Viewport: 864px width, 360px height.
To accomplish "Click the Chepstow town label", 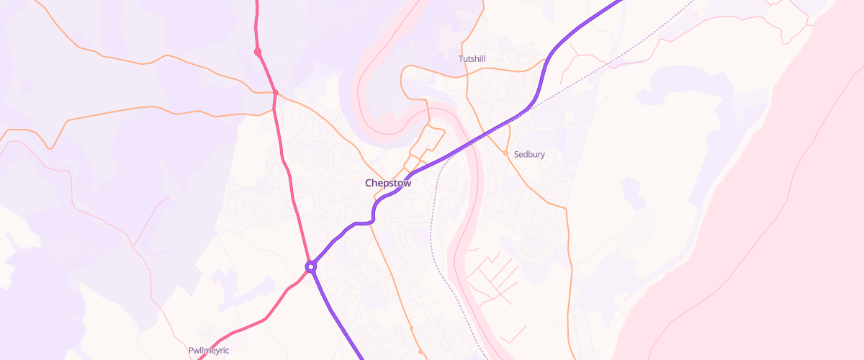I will (388, 183).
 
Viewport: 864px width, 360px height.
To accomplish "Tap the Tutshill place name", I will (472, 58).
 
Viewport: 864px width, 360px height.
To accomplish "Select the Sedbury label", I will (529, 154).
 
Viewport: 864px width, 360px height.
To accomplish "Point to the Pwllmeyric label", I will (209, 351).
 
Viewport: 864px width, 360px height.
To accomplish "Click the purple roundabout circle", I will (310, 266).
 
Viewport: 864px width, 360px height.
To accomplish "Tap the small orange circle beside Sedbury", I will (505, 153).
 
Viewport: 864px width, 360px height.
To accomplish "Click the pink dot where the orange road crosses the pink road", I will (275, 93).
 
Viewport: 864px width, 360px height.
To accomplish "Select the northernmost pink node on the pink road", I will (258, 52).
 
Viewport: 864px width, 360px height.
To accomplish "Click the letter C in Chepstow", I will (369, 183).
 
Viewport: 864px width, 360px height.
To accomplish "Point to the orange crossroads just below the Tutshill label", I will (468, 73).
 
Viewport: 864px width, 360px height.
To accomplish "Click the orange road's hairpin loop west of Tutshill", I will (405, 79).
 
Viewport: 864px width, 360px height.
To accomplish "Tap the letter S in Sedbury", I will (517, 154).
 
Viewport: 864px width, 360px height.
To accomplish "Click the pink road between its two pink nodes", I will (266, 72).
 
